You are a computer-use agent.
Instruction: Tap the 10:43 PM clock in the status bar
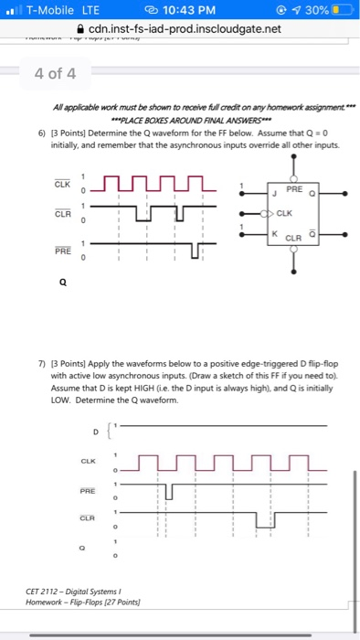[x=181, y=11]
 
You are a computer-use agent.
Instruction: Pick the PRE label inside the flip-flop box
[x=294, y=188]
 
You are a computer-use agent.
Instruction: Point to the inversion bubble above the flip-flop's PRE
[x=293, y=178]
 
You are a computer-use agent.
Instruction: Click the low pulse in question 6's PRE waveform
[x=195, y=251]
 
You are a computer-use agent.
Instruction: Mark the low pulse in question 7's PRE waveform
[x=168, y=492]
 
